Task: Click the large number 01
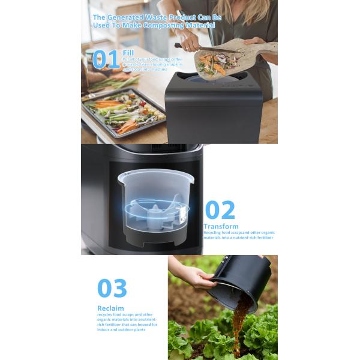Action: (106, 59)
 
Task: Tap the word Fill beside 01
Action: (128, 52)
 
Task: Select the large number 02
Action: (220, 211)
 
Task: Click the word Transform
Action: (221, 226)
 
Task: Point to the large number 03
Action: (112, 288)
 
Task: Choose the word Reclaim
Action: (111, 308)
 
